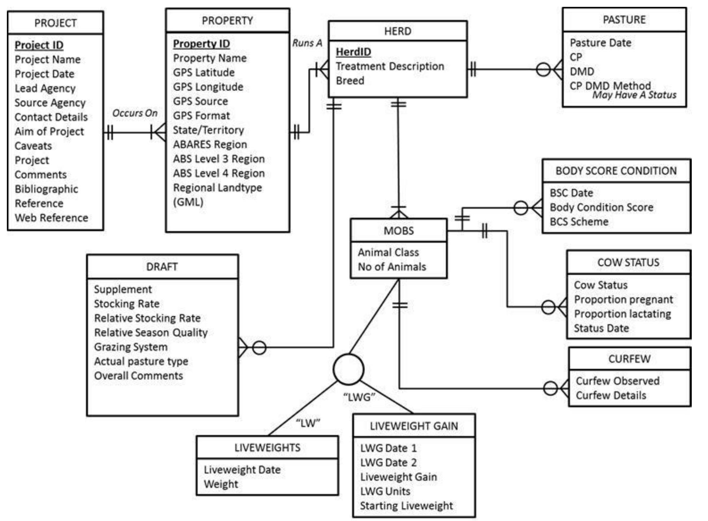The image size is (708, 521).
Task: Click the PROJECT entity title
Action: pyautogui.click(x=55, y=23)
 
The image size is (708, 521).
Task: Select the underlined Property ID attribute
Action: pyautogui.click(x=201, y=44)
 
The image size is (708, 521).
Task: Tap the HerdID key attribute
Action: pyautogui.click(x=353, y=52)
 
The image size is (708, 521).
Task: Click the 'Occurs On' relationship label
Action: pyautogui.click(x=135, y=113)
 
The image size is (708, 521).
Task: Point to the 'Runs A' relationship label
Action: pyautogui.click(x=307, y=43)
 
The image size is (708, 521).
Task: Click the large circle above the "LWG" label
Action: pyautogui.click(x=348, y=369)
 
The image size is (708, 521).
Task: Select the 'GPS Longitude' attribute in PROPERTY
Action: pyautogui.click(x=208, y=87)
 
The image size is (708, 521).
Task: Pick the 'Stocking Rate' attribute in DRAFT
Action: pyautogui.click(x=127, y=304)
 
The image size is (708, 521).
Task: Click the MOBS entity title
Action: pyautogui.click(x=399, y=231)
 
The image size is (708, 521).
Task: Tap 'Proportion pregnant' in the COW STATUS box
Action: pyautogui.click(x=624, y=300)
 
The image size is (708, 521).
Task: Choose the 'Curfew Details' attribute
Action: pyautogui.click(x=611, y=395)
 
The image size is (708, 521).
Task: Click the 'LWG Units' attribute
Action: pyautogui.click(x=385, y=491)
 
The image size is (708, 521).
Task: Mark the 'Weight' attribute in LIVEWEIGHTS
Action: pyautogui.click(x=221, y=484)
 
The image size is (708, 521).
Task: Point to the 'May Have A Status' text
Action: pyautogui.click(x=634, y=95)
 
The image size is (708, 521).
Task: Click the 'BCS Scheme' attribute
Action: pyautogui.click(x=579, y=222)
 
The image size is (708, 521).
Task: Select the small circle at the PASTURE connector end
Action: pyautogui.click(x=543, y=69)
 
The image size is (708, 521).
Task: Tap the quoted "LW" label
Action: pyautogui.click(x=308, y=423)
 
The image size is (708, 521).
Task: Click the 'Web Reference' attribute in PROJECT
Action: pyautogui.click(x=51, y=218)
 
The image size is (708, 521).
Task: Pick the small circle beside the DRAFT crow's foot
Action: pyautogui.click(x=259, y=348)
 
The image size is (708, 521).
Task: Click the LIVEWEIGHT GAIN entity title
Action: pyautogui.click(x=414, y=426)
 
